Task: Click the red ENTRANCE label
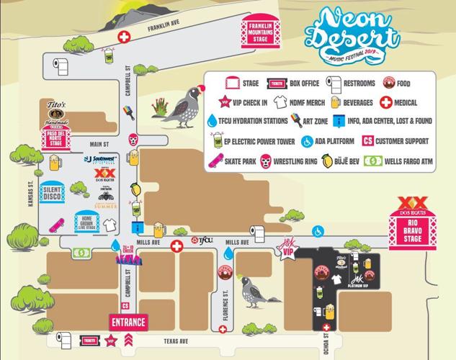click(x=128, y=322)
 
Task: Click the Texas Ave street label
click(x=176, y=340)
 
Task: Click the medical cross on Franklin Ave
click(x=125, y=36)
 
